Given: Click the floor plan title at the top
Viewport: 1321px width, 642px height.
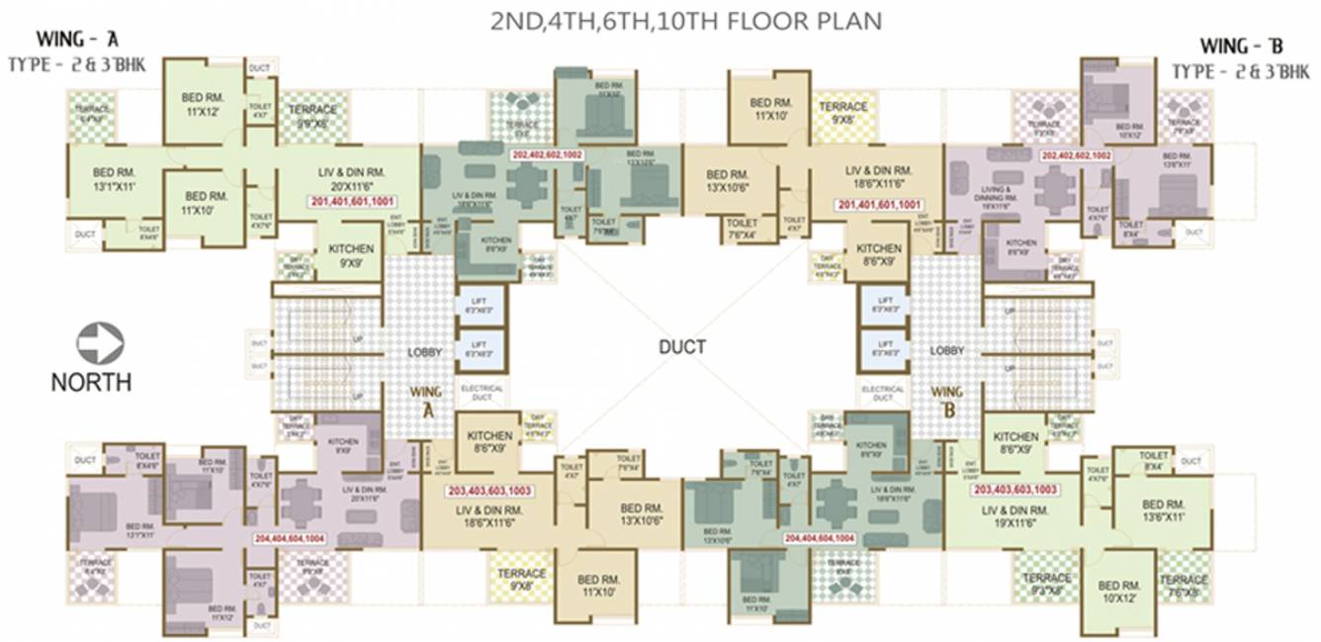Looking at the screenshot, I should point(686,22).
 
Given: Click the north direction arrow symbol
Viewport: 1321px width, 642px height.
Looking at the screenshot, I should point(101,345).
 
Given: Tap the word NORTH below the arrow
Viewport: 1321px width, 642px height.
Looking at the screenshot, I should point(91,382).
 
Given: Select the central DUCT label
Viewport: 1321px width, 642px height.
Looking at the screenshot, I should point(682,347).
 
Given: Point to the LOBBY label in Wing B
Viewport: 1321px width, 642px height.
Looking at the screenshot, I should point(946,351).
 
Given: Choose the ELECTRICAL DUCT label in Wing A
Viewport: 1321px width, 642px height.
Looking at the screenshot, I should point(483,393).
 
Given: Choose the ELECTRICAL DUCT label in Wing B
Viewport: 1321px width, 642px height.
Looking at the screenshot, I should point(883,393).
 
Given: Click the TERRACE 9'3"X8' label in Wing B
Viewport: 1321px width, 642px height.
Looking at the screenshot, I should point(1046,584).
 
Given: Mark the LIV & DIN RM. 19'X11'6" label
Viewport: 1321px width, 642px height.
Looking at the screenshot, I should point(1015,515).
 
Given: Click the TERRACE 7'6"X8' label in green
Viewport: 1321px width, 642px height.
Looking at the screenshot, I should point(1183,586).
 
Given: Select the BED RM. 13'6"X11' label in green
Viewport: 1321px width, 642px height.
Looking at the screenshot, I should point(1161,509).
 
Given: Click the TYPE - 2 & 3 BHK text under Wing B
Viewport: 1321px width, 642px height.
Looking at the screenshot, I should point(1240,71).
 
